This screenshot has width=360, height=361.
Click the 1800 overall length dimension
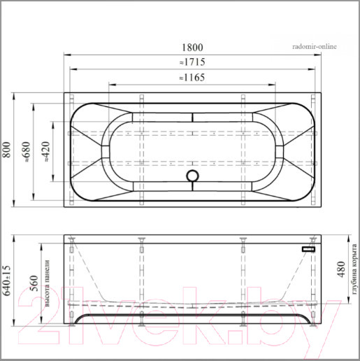192,48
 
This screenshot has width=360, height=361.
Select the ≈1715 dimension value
192,62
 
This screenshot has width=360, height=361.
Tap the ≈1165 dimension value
192,78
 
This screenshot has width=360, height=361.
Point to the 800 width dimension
7,150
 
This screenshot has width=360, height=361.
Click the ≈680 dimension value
27,152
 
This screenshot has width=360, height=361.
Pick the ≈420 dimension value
46,152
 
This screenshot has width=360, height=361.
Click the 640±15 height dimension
7,281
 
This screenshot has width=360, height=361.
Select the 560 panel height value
34,283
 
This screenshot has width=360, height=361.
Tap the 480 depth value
341,269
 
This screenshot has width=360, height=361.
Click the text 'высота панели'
48,283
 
